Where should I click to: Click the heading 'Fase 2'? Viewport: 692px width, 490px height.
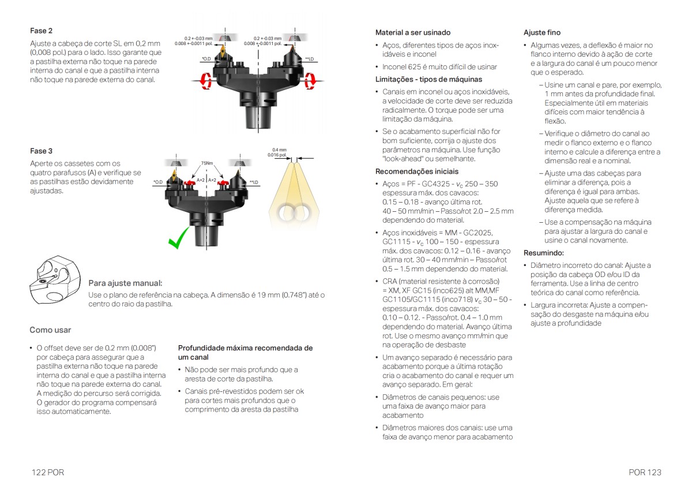pos(41,31)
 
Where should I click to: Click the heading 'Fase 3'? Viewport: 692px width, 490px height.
pos(41,151)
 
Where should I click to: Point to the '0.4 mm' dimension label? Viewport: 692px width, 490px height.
pos(279,149)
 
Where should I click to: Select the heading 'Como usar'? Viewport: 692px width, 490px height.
pos(50,330)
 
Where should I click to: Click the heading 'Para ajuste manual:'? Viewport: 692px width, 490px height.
pos(125,283)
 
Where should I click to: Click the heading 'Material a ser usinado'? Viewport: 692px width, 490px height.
pos(413,32)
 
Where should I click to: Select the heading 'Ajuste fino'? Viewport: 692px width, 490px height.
pos(541,32)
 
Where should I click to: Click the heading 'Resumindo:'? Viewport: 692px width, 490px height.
pos(543,253)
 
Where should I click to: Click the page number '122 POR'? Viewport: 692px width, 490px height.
pos(48,472)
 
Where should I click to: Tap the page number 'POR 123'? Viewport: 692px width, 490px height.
pos(645,472)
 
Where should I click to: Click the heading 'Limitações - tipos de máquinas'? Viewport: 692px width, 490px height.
pos(428,79)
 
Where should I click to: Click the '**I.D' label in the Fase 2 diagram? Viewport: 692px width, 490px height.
pos(309,59)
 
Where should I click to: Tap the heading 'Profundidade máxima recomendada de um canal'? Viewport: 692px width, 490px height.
pos(245,353)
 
